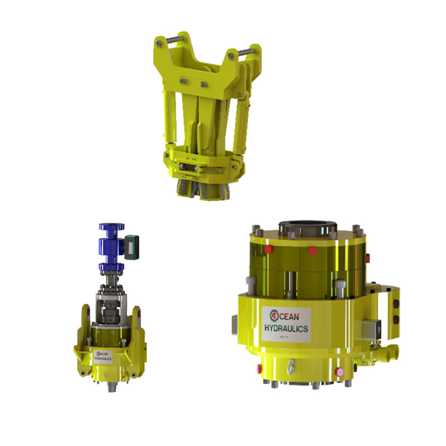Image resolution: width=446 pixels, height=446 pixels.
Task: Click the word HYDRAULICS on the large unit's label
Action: (x=286, y=329)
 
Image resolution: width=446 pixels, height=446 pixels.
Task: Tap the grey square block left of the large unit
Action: (x=234, y=324)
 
